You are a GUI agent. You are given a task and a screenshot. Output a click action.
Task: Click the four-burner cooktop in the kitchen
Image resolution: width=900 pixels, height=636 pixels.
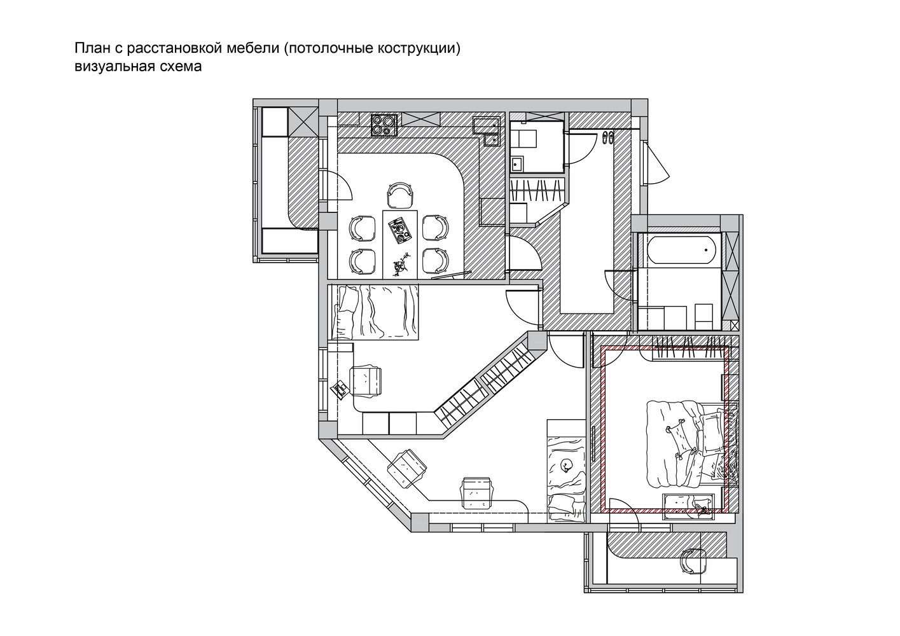tap(384, 125)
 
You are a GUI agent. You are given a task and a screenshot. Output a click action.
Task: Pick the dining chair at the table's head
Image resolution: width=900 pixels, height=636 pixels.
tap(400, 195)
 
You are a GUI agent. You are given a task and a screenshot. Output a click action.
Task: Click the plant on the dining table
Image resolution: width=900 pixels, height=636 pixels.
tap(401, 265)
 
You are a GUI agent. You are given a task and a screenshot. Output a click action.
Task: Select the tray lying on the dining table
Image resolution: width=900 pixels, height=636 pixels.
tap(400, 230)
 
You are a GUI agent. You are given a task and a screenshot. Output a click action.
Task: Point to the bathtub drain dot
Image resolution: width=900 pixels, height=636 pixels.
tap(706, 249)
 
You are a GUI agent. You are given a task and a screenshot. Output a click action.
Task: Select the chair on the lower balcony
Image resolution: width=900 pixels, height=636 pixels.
tap(694, 562)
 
